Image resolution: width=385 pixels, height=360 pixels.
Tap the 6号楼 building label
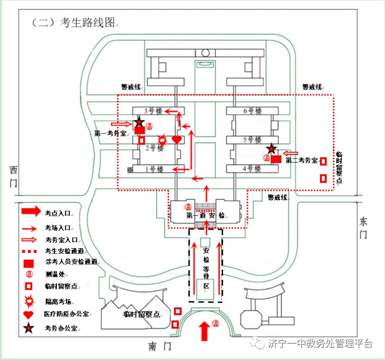252,111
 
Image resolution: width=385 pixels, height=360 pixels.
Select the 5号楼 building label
252,140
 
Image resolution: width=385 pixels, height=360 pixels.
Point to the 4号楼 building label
252,168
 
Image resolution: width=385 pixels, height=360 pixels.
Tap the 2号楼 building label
154,148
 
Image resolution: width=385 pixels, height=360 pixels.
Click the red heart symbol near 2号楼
177,140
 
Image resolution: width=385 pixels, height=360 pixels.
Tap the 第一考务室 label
110,133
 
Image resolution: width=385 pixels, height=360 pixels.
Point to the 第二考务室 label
301,161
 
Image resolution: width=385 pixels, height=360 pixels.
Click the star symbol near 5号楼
271,149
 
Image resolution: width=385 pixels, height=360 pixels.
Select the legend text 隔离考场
58,302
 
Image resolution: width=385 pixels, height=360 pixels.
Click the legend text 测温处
55,274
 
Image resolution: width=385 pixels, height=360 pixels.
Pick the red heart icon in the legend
28,315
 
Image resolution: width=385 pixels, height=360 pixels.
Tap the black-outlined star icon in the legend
28,328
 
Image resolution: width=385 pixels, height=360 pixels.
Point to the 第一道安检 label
205,216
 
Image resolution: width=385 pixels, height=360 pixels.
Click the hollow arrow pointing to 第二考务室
290,153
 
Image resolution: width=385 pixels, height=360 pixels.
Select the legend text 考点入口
58,212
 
